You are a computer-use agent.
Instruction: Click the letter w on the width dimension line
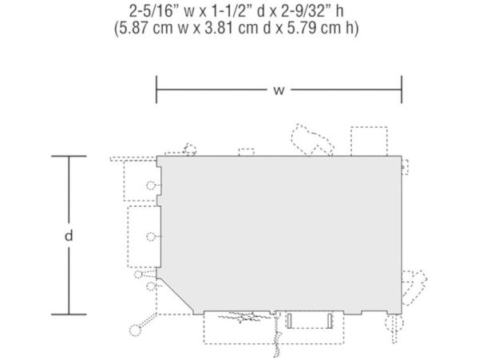279,90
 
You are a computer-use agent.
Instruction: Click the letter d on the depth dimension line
69,235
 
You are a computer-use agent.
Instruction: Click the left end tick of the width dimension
156,89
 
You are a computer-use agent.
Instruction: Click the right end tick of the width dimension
402,89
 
